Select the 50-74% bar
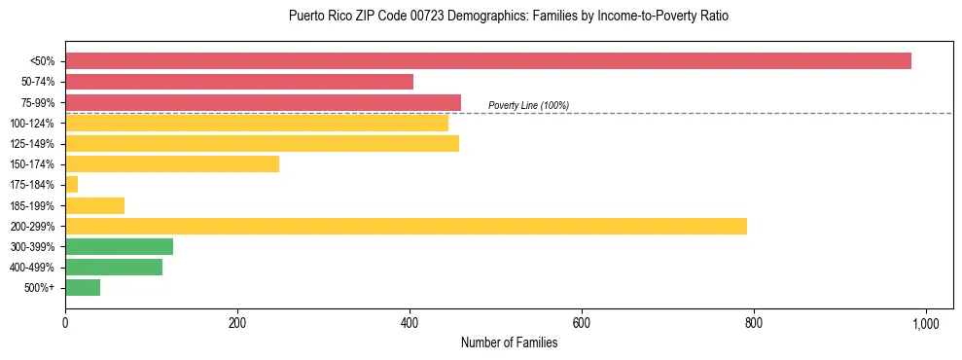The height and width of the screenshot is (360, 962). [x=239, y=82]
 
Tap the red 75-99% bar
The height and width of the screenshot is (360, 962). [x=263, y=102]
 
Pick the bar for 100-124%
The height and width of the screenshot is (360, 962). [x=257, y=123]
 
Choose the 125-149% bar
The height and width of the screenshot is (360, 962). [x=262, y=144]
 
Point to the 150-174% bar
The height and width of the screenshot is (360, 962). [x=172, y=164]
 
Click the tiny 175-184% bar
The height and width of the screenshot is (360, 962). [x=71, y=185]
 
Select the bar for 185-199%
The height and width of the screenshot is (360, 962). [x=94, y=205]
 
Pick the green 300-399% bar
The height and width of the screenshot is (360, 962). [x=119, y=246]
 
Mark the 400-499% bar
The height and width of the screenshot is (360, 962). [x=114, y=268]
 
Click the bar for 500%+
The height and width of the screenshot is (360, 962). [x=83, y=288]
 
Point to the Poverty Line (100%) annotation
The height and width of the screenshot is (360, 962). [x=528, y=105]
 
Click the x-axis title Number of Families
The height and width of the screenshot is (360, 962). [x=509, y=342]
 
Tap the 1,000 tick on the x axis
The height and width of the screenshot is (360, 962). [x=925, y=322]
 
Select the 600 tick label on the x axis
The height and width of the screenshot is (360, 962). [x=582, y=322]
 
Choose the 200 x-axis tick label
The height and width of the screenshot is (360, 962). [x=237, y=322]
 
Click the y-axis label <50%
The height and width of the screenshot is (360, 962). [x=43, y=61]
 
